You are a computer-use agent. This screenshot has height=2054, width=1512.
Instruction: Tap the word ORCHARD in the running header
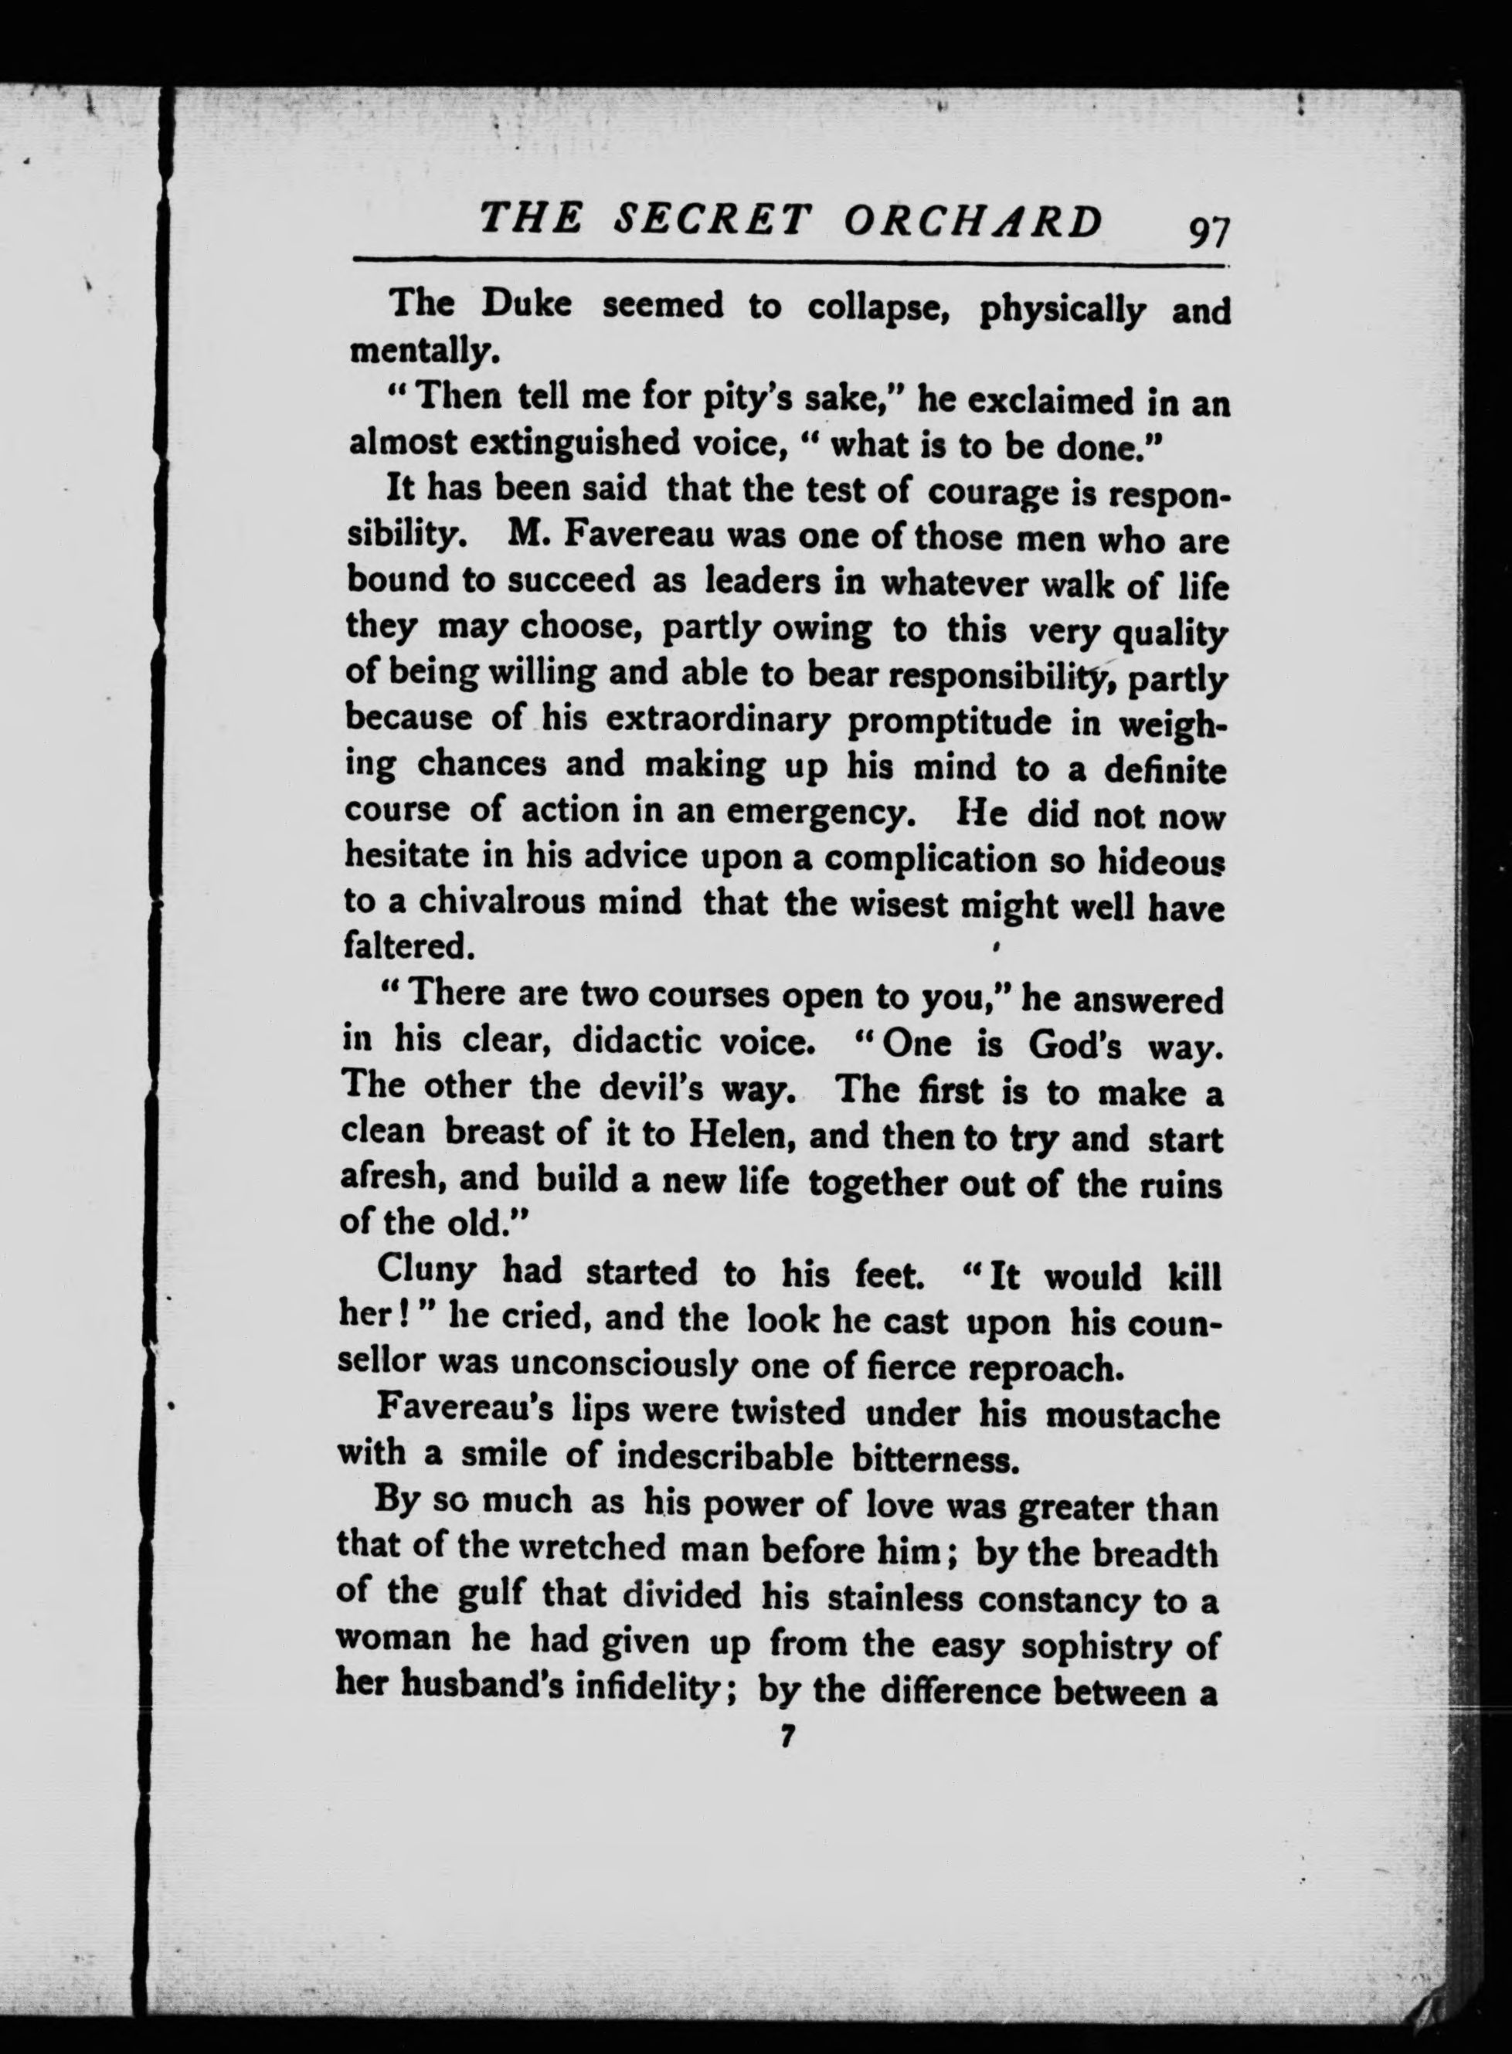[972, 222]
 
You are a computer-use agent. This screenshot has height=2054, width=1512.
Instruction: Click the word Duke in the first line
[526, 304]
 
